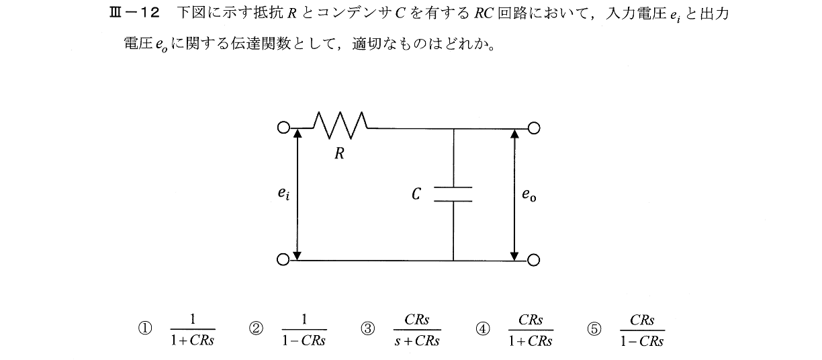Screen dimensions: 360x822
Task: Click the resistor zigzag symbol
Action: [340, 122]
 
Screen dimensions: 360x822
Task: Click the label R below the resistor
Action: [340, 154]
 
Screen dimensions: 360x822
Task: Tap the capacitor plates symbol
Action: [453, 193]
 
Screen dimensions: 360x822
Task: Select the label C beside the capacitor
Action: [416, 194]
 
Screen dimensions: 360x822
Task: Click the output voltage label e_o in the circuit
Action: [530, 195]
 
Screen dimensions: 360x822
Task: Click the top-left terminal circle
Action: [283, 128]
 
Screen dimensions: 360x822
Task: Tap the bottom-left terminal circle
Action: [283, 259]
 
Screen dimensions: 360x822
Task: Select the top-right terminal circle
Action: [535, 128]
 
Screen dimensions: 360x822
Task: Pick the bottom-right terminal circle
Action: [535, 260]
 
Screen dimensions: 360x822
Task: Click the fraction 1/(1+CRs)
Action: [192, 330]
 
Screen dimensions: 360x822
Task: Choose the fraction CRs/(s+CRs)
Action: [417, 330]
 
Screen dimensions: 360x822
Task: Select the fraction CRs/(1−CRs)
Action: [642, 330]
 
